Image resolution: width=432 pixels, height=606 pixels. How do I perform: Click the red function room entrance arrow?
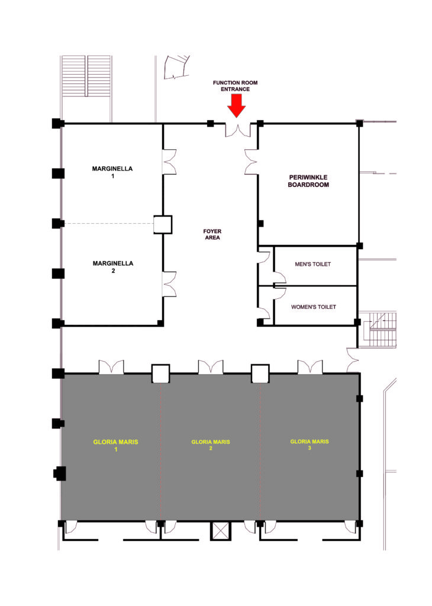pos(236,105)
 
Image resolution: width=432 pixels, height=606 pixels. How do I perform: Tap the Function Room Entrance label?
pos(236,86)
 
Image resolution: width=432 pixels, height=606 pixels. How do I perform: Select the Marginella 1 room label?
pos(112,172)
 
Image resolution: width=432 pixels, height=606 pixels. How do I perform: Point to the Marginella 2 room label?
pos(113,267)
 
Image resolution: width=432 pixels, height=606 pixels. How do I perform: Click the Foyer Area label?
pos(212,234)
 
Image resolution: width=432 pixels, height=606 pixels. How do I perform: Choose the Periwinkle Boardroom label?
pos(308,181)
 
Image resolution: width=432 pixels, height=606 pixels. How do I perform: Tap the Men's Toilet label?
pos(313,264)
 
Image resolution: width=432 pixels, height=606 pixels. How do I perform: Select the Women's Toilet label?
pos(314,307)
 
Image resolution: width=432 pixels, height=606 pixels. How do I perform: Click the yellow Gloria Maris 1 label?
pos(115,445)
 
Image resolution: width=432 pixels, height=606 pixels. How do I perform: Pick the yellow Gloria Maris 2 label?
pos(211,445)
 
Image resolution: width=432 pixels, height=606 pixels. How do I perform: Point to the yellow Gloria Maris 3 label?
pos(310,444)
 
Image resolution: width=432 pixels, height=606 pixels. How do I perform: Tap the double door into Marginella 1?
pos(169,162)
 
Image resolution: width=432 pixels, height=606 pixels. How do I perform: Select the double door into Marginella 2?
pos(169,284)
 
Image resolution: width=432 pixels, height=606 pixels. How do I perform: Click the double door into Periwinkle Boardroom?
pos(251,162)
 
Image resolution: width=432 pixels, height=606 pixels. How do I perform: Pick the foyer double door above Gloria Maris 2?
pos(211,367)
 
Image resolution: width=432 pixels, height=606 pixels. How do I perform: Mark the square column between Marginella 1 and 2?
pos(163,224)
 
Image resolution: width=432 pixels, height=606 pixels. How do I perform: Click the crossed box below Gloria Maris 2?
pos(220,531)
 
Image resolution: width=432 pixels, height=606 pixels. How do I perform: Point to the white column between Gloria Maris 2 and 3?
pos(260,374)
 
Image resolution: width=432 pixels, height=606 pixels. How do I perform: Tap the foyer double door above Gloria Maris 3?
pos(310,367)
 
